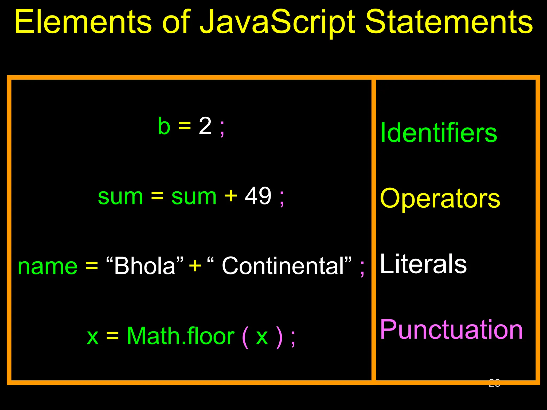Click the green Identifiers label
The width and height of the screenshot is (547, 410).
(x=438, y=133)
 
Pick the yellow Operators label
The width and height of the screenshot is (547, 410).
(x=440, y=199)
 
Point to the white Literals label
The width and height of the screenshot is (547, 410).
(x=423, y=264)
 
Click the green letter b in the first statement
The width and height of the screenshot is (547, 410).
(x=164, y=126)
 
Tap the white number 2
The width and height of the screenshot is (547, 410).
(x=205, y=126)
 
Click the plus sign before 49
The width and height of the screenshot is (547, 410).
(x=231, y=196)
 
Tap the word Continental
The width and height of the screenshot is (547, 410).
(x=283, y=266)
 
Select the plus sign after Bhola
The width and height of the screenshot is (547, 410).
(x=195, y=266)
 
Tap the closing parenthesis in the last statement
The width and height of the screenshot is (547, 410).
(x=279, y=337)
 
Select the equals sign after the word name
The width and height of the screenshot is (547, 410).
(x=92, y=266)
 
